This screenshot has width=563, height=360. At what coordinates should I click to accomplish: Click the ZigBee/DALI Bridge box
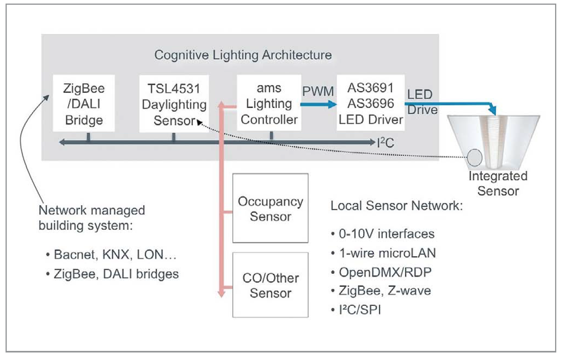point(84,104)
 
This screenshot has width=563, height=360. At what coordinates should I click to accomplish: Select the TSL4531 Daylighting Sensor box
point(174,104)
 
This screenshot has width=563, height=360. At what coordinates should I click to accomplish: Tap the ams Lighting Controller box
point(269,103)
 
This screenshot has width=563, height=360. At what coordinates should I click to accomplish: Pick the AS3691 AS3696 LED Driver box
point(371,103)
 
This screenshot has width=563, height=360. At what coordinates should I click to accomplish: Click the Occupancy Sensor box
point(270,208)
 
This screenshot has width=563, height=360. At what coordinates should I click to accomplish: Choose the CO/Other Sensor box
point(270,285)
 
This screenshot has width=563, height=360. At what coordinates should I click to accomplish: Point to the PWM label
point(318,91)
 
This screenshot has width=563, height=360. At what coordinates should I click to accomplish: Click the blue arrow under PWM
point(318,104)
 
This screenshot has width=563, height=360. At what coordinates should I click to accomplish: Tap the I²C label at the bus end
point(385,142)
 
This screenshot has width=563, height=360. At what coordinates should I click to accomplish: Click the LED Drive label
point(422,102)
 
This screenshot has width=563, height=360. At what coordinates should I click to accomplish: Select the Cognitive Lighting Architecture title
point(243,55)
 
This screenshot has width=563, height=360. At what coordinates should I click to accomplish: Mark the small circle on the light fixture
point(475,157)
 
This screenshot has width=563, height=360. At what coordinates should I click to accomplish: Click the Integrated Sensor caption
point(498,183)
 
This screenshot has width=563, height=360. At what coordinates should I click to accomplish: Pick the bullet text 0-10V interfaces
point(386,234)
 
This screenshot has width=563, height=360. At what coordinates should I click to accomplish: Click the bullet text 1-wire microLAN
point(387,253)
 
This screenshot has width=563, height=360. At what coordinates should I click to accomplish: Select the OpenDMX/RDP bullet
point(385,272)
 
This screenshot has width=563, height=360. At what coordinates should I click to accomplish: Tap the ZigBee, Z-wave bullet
point(384,291)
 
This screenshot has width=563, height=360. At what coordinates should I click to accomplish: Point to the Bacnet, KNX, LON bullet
point(115,254)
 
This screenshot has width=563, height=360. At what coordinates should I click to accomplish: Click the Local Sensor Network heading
point(396,206)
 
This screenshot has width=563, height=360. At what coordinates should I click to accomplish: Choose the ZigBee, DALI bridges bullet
point(116,274)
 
